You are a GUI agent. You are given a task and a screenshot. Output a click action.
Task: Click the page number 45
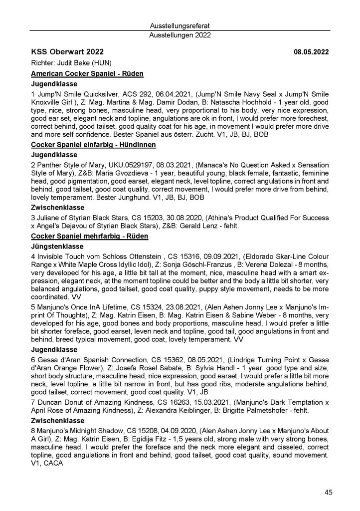pos(328,492)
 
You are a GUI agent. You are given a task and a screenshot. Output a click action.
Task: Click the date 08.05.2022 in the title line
pos(311,52)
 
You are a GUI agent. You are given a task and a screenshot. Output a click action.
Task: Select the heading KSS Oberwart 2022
pos(67,52)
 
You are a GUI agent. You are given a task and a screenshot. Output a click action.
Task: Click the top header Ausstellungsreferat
pos(180,25)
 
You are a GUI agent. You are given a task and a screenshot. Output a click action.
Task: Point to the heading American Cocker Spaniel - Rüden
pos(87,74)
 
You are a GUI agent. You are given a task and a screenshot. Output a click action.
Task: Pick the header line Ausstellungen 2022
pos(180,35)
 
